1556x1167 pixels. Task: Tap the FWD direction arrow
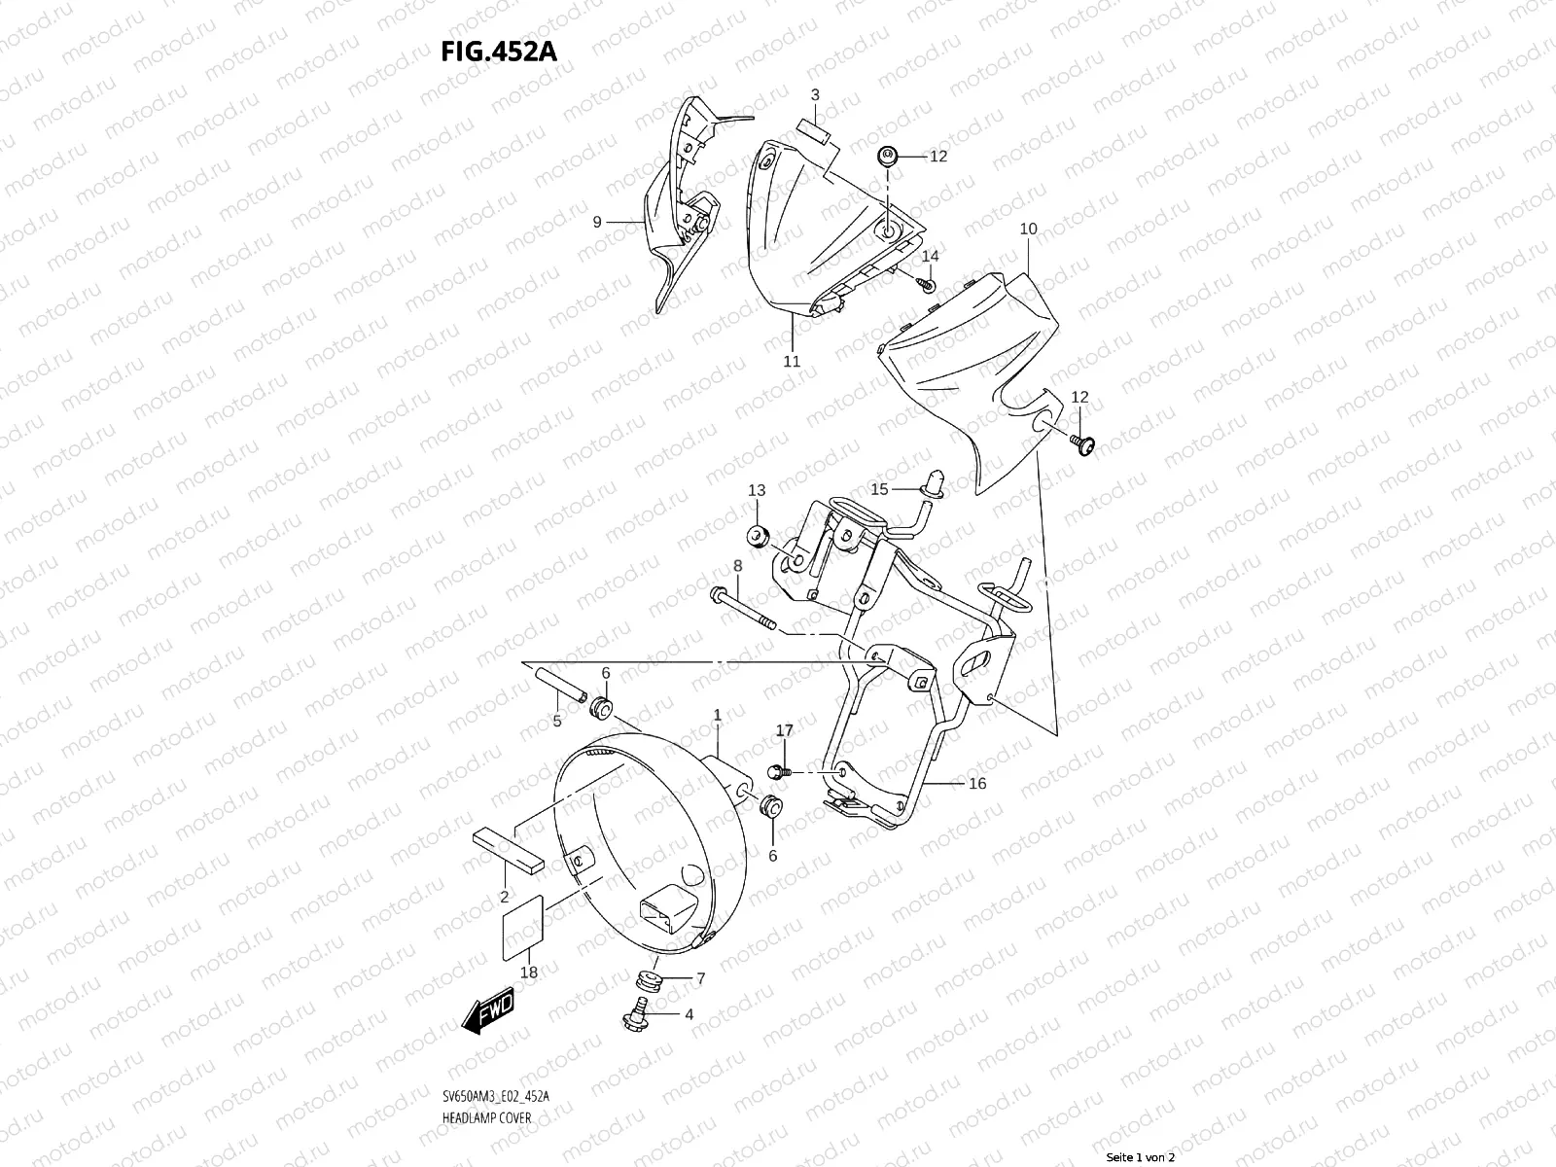tap(488, 1015)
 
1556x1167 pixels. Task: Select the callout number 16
tap(977, 784)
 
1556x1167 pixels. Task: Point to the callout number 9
tap(597, 222)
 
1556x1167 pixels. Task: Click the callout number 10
tap(1028, 230)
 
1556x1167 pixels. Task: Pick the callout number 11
tap(792, 361)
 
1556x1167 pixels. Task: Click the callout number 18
tap(528, 972)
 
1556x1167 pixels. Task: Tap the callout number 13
tap(757, 490)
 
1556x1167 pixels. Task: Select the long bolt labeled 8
tap(744, 608)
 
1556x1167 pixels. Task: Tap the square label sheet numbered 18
tap(523, 929)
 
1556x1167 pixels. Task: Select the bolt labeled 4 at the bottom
tap(642, 1011)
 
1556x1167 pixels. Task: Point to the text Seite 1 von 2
tap(1142, 1157)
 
